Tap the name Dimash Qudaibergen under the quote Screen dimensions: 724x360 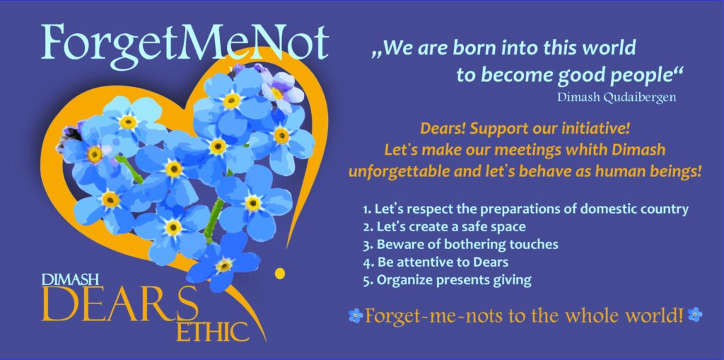point(617,98)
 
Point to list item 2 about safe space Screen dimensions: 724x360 point(444,226)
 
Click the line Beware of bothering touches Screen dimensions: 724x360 point(460,244)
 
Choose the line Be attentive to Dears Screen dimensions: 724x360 point(436,262)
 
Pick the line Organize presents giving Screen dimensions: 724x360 point(447,279)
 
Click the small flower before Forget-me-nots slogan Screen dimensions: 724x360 point(356,315)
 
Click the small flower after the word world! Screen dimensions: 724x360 point(695,315)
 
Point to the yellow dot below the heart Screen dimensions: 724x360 point(279,274)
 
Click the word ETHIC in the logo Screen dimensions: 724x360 point(213,331)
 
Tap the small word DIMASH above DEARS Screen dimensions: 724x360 point(70,279)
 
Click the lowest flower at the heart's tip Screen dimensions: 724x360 point(224,265)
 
